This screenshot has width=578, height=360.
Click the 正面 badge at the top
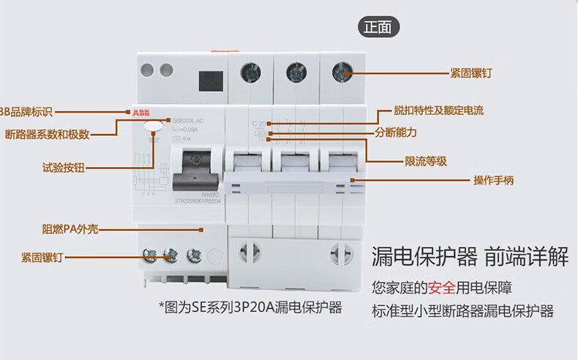click(378, 27)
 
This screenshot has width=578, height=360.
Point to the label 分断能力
click(396, 132)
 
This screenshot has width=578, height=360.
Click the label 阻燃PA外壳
click(70, 229)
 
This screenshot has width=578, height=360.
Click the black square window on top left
click(211, 78)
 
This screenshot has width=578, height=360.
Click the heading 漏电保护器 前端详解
click(470, 257)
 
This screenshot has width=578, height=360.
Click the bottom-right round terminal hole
click(342, 253)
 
